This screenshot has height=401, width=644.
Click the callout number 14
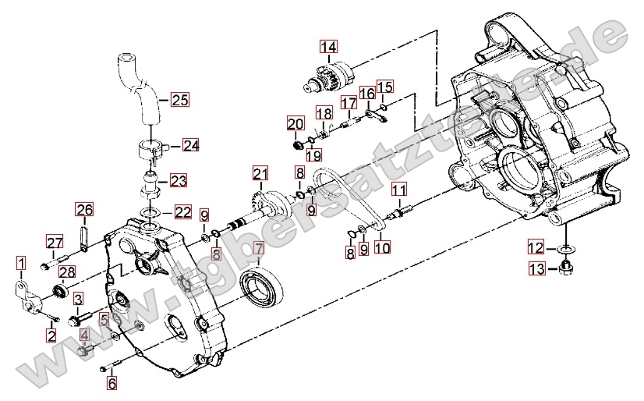coord(327,46)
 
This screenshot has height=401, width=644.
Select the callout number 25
coord(180,99)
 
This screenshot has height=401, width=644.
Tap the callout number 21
coord(260,173)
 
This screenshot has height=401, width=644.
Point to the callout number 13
coord(536,269)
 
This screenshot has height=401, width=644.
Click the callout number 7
coord(257,250)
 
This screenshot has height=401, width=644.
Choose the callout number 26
coord(84,209)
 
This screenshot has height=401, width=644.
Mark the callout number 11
coord(398,190)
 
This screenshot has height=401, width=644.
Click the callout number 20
coord(295,124)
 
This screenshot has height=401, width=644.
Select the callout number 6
coord(111,383)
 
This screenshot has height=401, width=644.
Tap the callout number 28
coord(67,271)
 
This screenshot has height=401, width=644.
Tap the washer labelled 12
coord(564,249)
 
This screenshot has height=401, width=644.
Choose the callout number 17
coord(349,103)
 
